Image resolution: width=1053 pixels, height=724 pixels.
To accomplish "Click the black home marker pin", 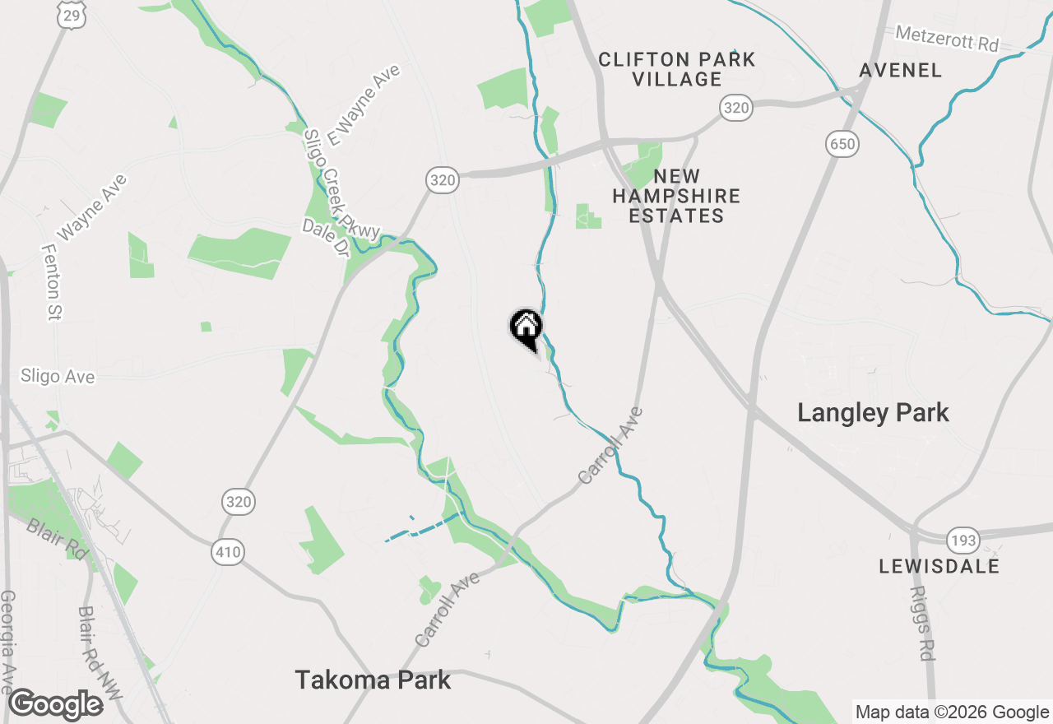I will pos(526,328).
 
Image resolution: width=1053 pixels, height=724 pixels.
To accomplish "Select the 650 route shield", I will pos(842,145).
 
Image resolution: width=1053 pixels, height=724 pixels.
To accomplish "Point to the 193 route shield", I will pos(962,541).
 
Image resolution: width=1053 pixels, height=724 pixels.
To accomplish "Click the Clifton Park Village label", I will pos(677,69).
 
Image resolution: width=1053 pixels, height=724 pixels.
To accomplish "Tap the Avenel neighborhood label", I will pos(901,71).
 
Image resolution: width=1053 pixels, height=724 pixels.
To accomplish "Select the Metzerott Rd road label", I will pos(947,39).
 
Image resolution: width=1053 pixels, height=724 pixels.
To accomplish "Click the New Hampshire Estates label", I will pos(676,196).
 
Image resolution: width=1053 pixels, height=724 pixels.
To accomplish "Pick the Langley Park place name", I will pos(873,413).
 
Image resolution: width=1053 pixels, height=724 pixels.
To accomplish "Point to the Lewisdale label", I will pos(939,566).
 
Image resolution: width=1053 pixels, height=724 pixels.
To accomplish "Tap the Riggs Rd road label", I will pos(923,623).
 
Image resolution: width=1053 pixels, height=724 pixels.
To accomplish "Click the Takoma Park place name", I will pos(373,680).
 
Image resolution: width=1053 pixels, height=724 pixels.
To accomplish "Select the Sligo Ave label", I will pos(58,377).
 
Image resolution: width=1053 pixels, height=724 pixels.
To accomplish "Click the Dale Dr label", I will pos(326,238).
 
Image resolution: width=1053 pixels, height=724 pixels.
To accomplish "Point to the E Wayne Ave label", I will pos(364,104).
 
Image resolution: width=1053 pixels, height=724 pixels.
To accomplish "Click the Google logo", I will pos(56,705).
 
